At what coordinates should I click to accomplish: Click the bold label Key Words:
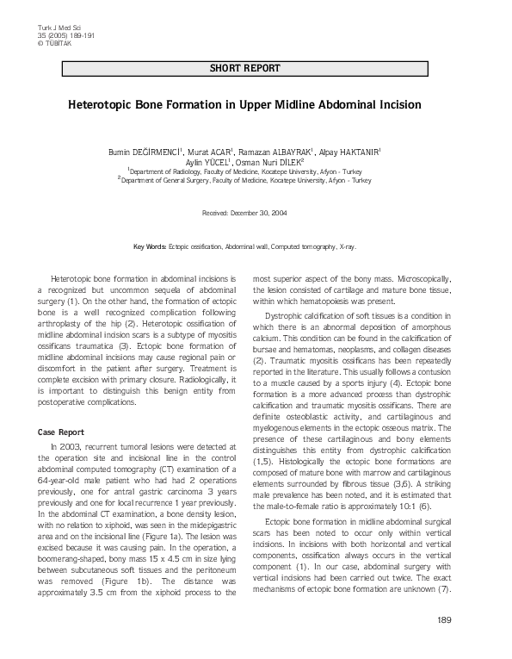click(x=150, y=246)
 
